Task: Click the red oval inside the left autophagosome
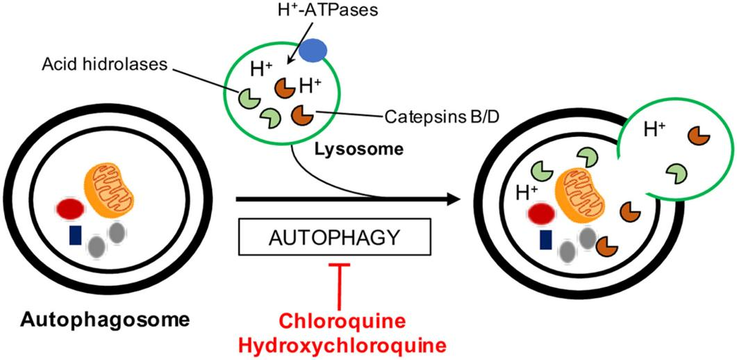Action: tap(71, 208)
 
